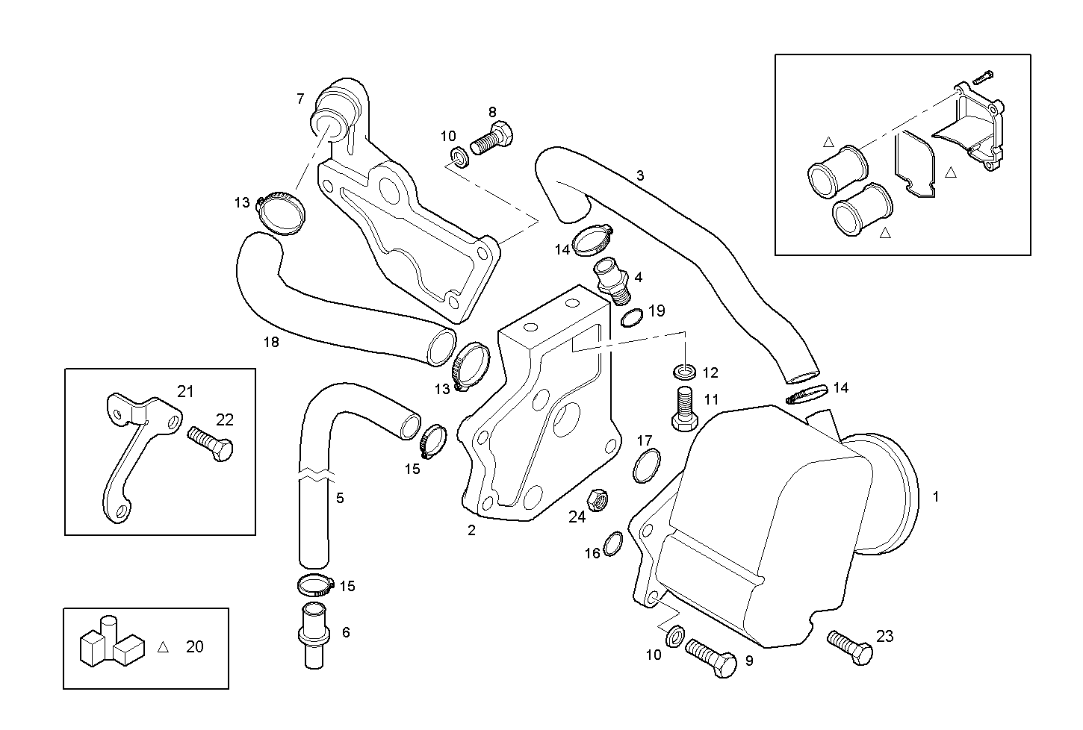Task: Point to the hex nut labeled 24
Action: coord(597,500)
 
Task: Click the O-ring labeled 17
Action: coord(647,467)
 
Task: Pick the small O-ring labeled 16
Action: coord(612,544)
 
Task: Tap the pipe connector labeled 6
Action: coord(310,635)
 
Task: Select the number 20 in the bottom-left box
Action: coord(194,646)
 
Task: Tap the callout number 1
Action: coord(936,496)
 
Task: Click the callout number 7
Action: coord(300,98)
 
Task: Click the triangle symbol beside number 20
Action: coord(163,647)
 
